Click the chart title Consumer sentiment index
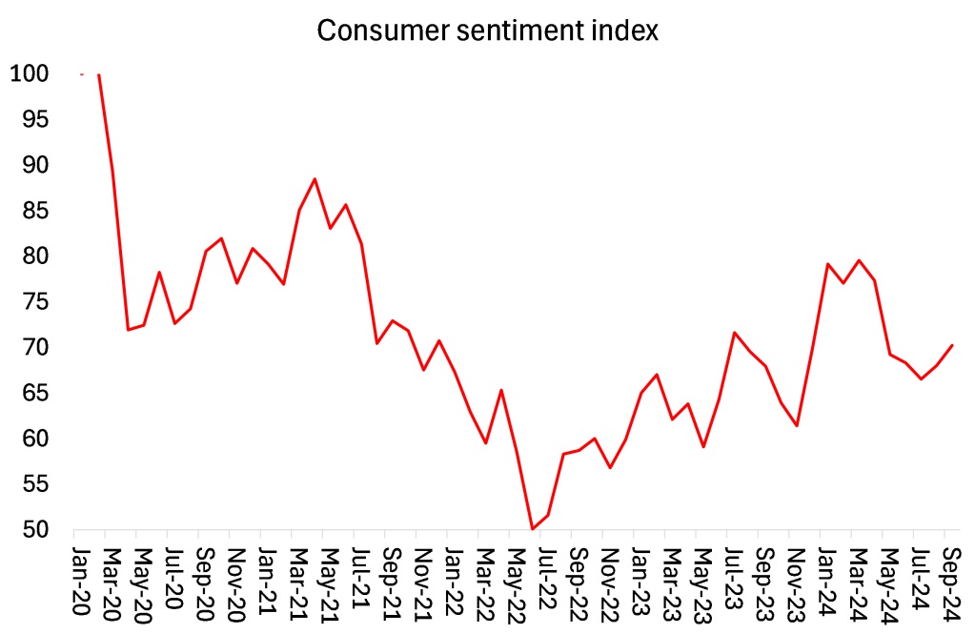pos(487,31)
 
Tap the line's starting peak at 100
pos(99,74)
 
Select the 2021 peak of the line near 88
pos(315,178)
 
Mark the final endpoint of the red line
pos(952,345)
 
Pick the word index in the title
pos(630,31)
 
